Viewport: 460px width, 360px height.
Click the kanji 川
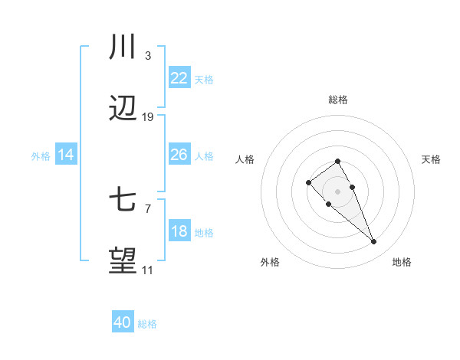pos(123,47)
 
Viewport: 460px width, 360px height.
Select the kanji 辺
pos(123,110)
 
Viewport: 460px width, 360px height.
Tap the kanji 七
pos(123,201)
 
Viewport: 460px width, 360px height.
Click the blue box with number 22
pos(179,78)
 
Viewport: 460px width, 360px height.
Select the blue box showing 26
pos(179,155)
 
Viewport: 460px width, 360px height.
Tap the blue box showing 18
pos(179,231)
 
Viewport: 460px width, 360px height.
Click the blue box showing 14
pos(66,155)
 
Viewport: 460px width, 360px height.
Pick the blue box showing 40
pos(123,322)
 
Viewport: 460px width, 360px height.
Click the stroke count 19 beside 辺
pos(148,117)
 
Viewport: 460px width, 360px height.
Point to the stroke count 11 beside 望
pos(147,270)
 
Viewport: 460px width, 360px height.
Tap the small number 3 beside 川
pos(147,56)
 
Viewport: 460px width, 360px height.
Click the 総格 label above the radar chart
pos(337,100)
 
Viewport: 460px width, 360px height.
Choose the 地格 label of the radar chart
pos(402,262)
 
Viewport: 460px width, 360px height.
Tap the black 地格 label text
pos(402,262)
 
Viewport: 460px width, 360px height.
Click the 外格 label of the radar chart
pos(270,262)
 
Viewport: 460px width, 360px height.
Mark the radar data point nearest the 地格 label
pos(374,242)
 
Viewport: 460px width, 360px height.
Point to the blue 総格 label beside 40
pos(147,324)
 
